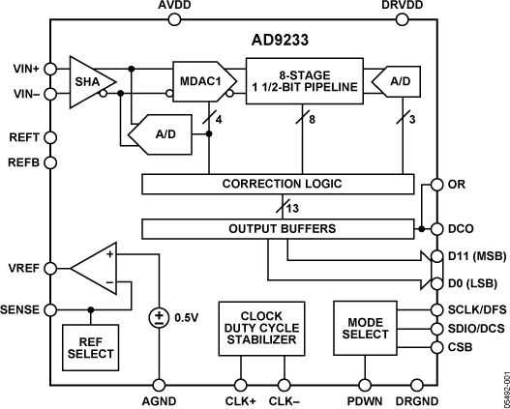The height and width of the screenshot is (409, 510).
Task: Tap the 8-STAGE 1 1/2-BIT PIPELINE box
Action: (x=302, y=75)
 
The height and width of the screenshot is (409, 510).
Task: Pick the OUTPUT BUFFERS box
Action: (x=283, y=229)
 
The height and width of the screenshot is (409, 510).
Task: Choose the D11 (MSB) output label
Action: (x=470, y=255)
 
